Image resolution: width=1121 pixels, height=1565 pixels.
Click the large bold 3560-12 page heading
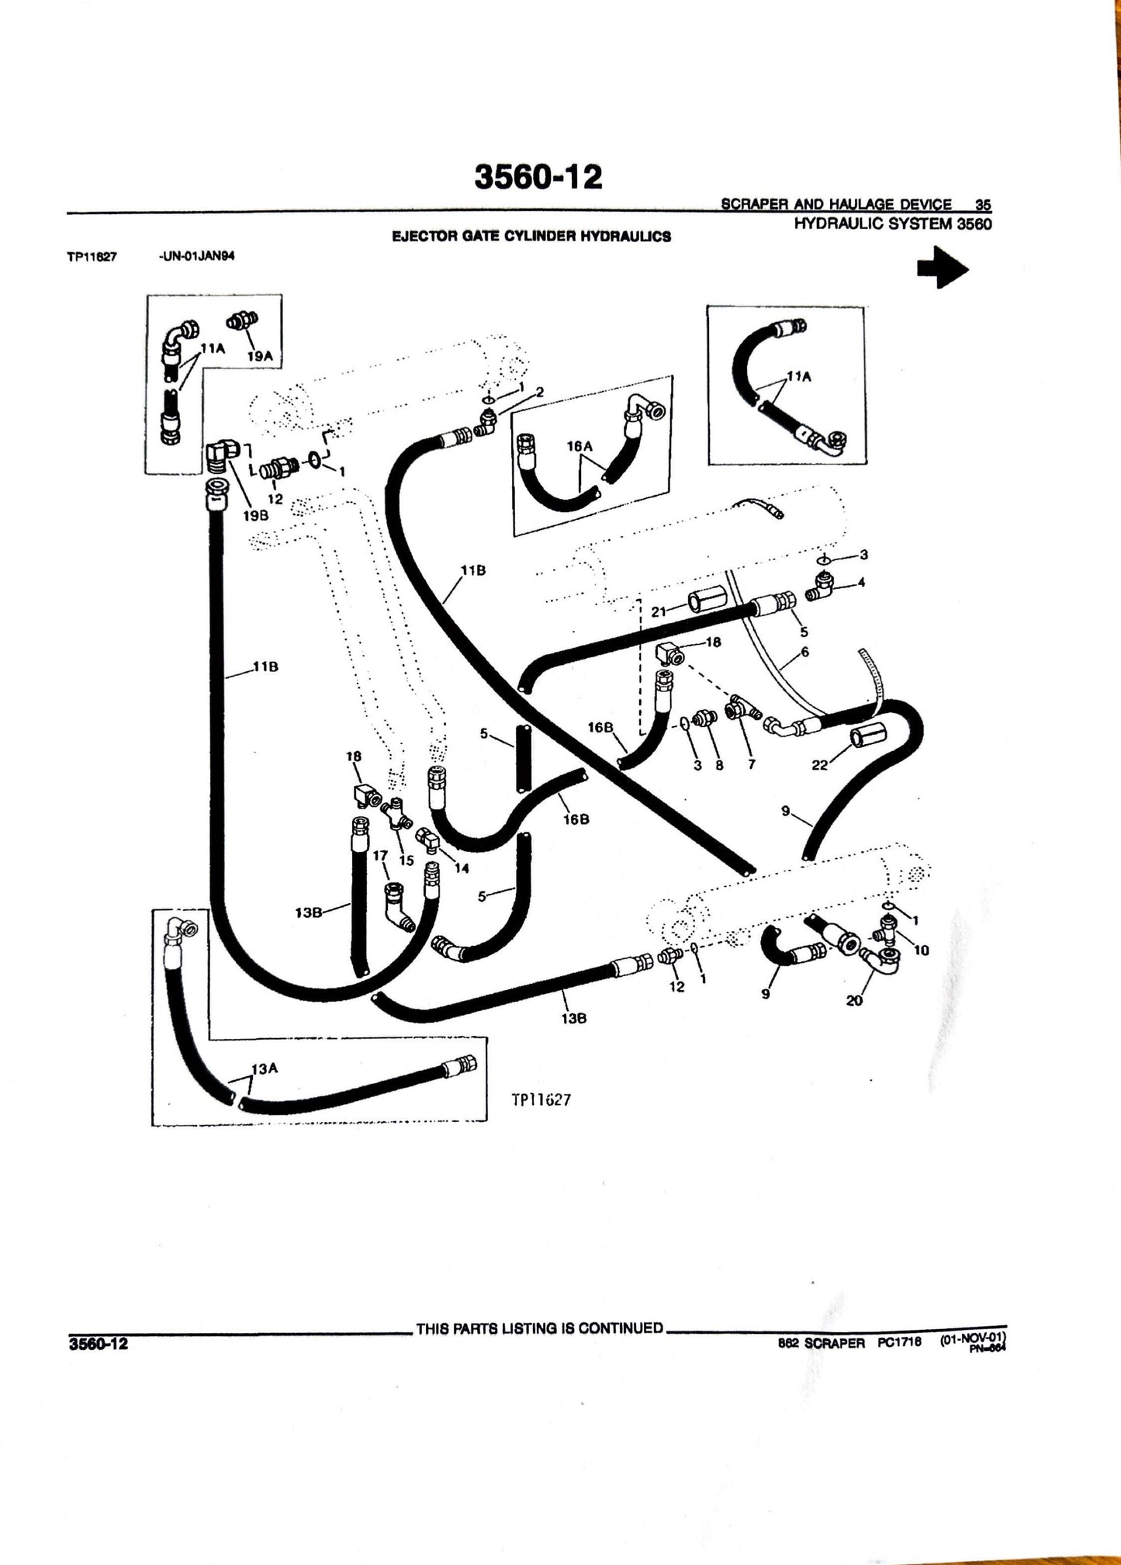click(538, 178)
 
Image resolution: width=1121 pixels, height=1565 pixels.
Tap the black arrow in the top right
click(943, 268)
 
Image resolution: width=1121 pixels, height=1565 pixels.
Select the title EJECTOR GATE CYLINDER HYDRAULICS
click(531, 237)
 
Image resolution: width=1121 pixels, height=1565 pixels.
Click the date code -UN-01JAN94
click(196, 258)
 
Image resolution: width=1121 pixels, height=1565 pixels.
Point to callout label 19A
click(260, 356)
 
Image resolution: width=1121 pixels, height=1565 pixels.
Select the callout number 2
click(540, 392)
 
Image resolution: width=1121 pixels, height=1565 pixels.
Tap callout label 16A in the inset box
click(580, 446)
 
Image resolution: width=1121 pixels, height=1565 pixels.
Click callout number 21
click(659, 612)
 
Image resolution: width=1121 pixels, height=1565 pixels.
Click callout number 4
click(861, 582)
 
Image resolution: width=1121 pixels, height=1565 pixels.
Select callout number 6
click(804, 653)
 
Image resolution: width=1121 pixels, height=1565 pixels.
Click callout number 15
click(406, 860)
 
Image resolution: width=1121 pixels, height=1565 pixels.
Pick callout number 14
click(462, 868)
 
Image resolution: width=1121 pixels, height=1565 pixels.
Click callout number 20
click(853, 1001)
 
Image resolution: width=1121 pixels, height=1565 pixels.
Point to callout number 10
click(922, 950)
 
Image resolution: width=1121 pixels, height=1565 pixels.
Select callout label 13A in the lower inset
click(264, 1068)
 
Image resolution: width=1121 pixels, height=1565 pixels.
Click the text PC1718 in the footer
click(899, 1343)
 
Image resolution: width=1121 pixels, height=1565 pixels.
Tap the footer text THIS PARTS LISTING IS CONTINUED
click(539, 1328)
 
